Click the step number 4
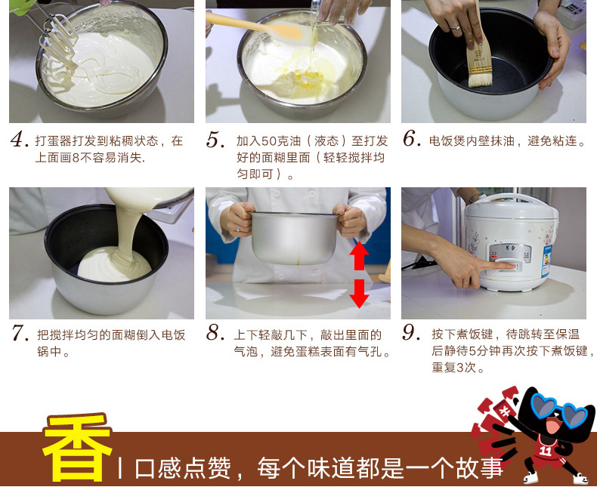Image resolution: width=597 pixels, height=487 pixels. pyautogui.click(x=19, y=139)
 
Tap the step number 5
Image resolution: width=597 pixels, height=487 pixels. pyautogui.click(x=215, y=139)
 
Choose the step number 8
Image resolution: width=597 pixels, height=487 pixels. pyautogui.click(x=215, y=332)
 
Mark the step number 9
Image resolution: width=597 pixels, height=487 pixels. pyautogui.click(x=412, y=332)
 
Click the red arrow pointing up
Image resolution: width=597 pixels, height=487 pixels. pyautogui.click(x=359, y=256)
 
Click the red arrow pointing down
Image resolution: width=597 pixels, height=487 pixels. pyautogui.click(x=359, y=294)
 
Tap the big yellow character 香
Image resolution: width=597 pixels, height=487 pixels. pyautogui.click(x=77, y=448)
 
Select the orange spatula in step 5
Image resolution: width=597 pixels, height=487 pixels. pyautogui.click(x=259, y=27)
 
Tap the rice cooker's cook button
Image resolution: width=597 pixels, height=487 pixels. pyautogui.click(x=506, y=266)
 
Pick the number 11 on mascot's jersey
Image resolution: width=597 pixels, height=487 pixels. pyautogui.click(x=545, y=451)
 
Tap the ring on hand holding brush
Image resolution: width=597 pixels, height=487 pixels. pyautogui.click(x=455, y=27)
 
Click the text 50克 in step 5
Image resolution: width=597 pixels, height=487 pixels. pyautogui.click(x=281, y=140)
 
